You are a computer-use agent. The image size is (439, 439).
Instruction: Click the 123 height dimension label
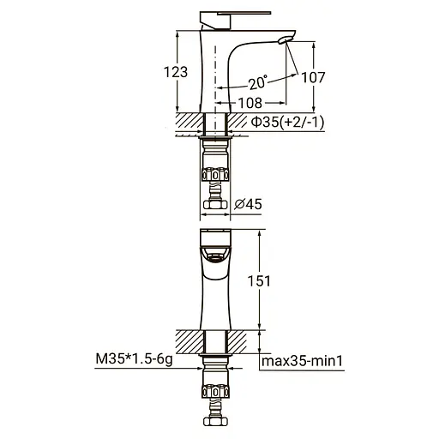tap(176, 72)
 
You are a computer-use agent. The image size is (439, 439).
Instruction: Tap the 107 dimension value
tap(313, 77)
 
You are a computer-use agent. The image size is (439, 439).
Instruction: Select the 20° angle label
tap(258, 82)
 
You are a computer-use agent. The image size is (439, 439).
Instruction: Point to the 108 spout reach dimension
tap(250, 103)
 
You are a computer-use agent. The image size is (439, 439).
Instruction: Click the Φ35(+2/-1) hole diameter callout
tap(288, 123)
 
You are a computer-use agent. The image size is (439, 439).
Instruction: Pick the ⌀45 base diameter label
tap(248, 204)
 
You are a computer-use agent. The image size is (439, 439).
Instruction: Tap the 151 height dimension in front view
tap(259, 281)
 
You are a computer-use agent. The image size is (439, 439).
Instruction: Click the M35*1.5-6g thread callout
tap(135, 359)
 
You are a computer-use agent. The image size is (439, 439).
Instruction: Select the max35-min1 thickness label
tap(302, 361)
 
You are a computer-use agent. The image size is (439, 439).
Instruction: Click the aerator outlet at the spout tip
tap(286, 39)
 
